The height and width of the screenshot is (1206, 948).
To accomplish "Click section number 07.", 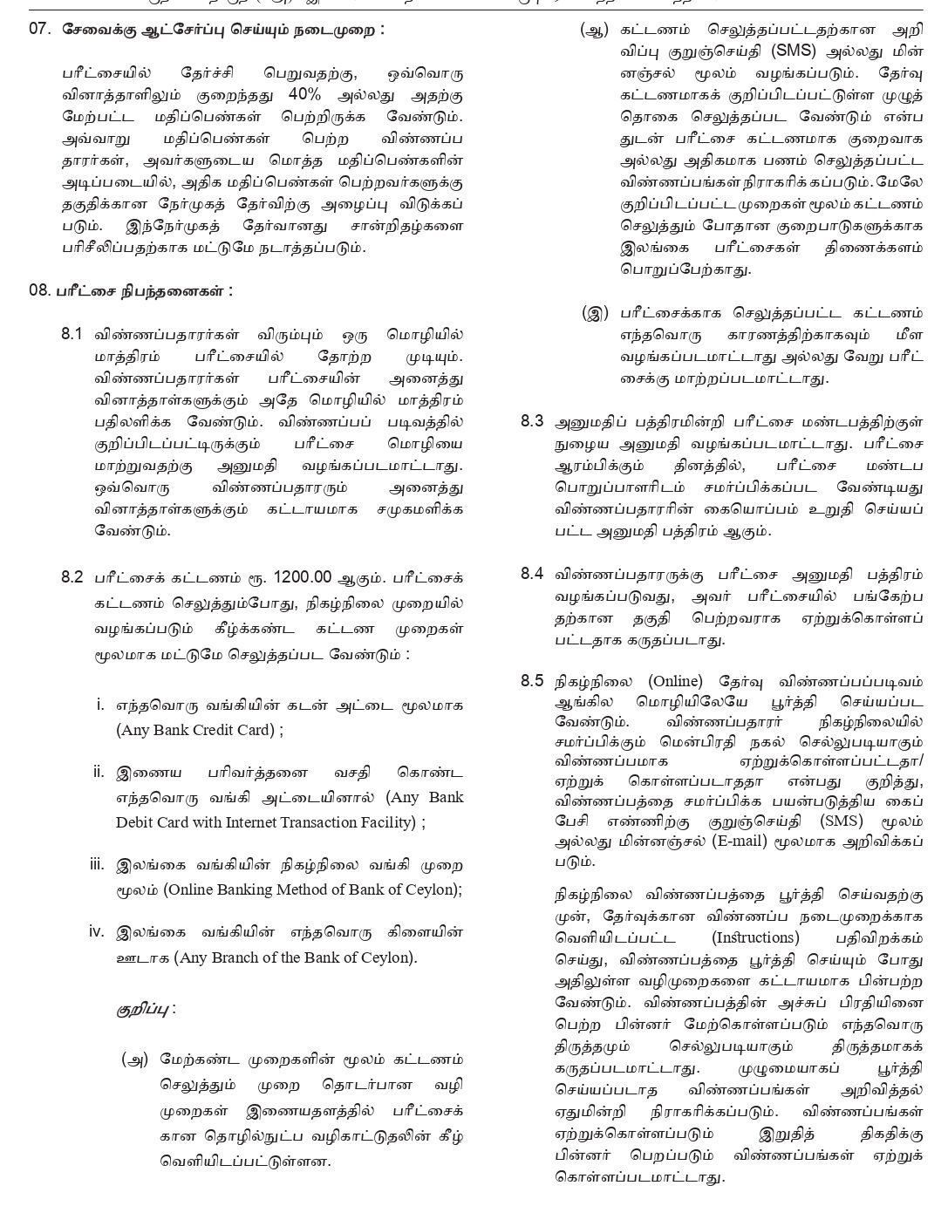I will coord(40,29).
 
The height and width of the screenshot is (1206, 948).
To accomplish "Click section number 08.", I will coord(40,290).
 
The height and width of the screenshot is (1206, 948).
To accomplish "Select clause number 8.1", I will coord(72,335).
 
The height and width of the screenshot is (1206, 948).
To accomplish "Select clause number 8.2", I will coord(72,577).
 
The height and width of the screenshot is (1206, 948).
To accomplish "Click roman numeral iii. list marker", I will coord(97,864).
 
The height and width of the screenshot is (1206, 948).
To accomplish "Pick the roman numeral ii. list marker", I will coord(99,772).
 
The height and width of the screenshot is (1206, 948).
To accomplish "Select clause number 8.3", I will coord(532,421).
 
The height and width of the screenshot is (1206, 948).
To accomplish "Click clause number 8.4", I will coord(532,574).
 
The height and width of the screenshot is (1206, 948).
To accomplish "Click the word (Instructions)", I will coord(755,937).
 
